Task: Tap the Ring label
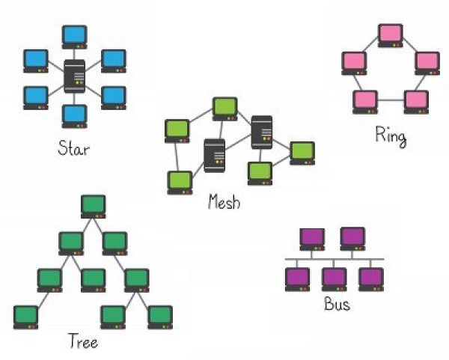(x=391, y=136)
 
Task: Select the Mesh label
(x=225, y=202)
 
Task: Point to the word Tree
(x=82, y=343)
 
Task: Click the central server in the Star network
(x=74, y=76)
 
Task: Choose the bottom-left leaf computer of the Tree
(x=25, y=316)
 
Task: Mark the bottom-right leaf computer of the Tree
(x=160, y=316)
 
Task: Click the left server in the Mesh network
(x=215, y=154)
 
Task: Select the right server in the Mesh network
(x=262, y=132)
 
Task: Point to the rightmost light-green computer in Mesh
(x=302, y=153)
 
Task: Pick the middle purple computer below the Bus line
(x=335, y=278)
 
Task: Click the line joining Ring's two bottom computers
(x=390, y=100)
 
